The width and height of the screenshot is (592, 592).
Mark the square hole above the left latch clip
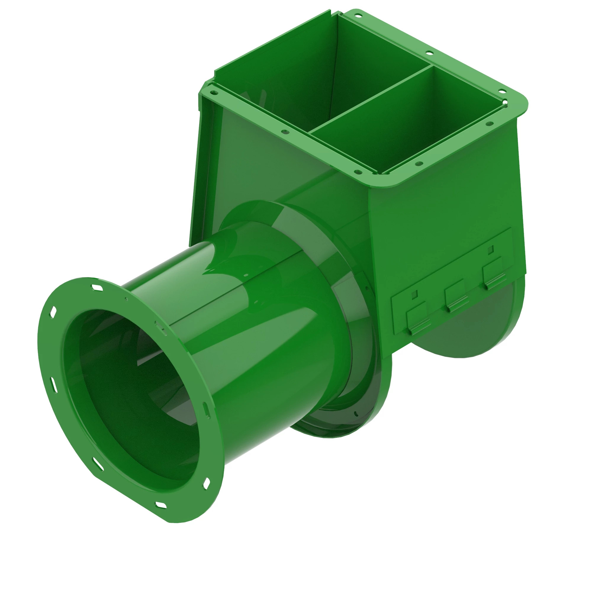414,295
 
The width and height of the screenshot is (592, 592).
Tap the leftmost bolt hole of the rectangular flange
285,132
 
